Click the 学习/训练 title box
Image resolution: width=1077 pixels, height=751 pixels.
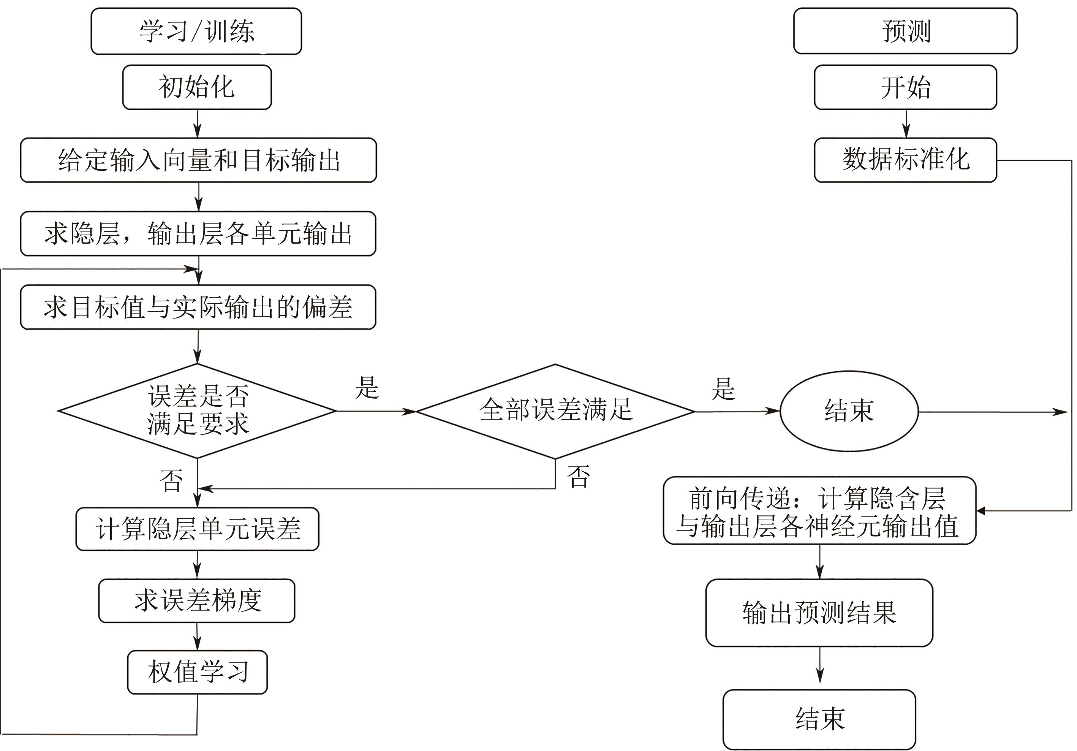(196, 31)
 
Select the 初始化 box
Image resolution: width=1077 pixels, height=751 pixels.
(197, 87)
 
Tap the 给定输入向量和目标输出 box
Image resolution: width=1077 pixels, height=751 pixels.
(198, 160)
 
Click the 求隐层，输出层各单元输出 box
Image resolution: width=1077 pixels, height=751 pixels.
(198, 233)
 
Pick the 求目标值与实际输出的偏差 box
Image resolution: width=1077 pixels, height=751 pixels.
(198, 307)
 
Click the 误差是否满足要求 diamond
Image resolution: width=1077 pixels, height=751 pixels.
(198, 411)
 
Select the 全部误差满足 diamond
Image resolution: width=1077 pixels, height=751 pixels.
(555, 411)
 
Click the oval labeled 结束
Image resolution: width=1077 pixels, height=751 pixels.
(849, 411)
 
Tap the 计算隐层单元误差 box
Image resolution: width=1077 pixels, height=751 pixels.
(198, 529)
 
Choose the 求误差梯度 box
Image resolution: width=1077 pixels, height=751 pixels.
(197, 601)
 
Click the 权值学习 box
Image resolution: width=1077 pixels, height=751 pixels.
(198, 672)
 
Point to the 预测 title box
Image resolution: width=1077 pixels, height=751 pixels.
(905, 31)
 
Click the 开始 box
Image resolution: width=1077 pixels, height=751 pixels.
(905, 87)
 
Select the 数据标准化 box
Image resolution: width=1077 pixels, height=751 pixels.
(905, 160)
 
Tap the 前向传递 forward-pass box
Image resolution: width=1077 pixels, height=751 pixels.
(819, 511)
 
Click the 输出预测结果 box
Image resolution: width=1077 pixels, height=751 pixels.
(819, 613)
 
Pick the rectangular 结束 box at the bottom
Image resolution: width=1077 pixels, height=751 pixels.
(819, 719)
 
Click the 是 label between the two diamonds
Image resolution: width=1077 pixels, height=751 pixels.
(367, 388)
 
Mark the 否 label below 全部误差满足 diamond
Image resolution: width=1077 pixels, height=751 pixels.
(578, 477)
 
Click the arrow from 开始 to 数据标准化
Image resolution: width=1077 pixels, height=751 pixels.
(906, 124)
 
